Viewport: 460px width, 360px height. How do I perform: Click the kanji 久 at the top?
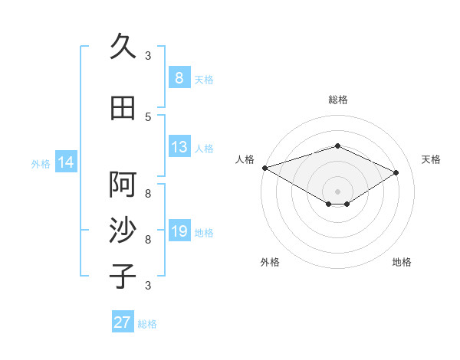click(123, 47)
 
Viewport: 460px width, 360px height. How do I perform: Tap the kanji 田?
click(123, 108)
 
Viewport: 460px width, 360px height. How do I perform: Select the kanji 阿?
click(123, 185)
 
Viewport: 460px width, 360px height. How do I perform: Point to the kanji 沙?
click(123, 231)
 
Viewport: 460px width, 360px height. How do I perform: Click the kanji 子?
click(123, 277)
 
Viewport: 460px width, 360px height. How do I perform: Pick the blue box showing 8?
click(179, 77)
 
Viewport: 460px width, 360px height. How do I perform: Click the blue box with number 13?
click(179, 147)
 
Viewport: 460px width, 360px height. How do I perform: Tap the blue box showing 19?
click(179, 231)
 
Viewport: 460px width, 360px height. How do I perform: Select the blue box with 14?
click(66, 162)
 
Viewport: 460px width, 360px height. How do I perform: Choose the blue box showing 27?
click(122, 322)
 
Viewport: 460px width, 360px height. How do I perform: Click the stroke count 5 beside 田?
click(148, 116)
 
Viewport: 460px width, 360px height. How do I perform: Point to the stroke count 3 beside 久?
click(148, 55)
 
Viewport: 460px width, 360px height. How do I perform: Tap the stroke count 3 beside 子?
click(148, 285)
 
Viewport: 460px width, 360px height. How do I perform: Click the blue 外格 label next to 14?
click(41, 163)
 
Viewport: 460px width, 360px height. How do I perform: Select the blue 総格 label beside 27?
click(147, 324)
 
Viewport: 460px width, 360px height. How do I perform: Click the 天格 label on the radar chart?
click(432, 159)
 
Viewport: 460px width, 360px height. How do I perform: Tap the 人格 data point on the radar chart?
click(264, 168)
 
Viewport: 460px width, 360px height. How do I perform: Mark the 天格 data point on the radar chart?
click(396, 173)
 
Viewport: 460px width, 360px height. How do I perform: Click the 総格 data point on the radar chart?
click(337, 146)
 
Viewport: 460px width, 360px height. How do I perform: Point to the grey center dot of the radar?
click(337, 190)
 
